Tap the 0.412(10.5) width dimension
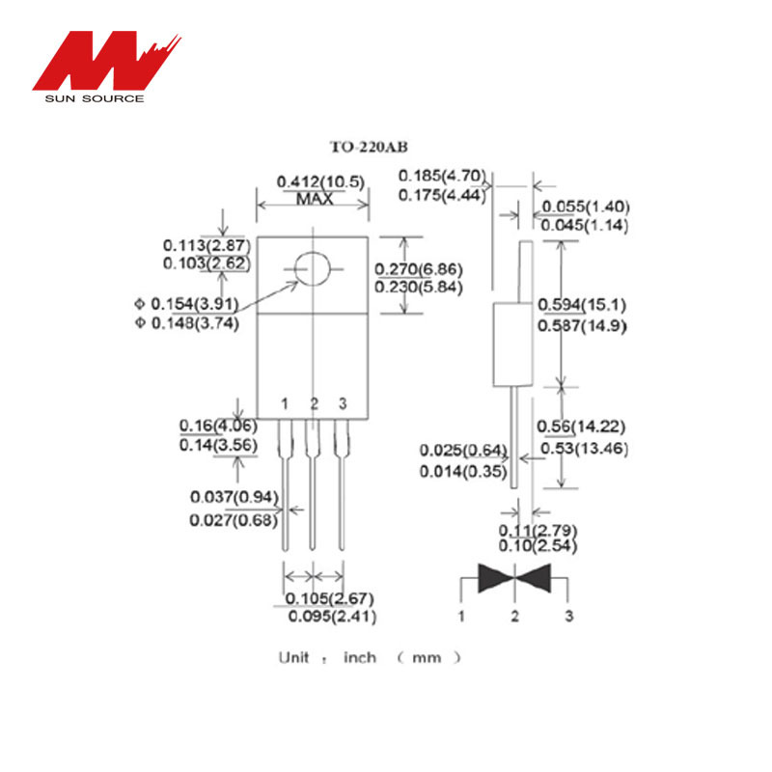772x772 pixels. click(x=314, y=181)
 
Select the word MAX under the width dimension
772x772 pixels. click(x=315, y=199)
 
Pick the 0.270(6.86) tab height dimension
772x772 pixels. click(x=419, y=269)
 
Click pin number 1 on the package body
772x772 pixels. click(x=285, y=402)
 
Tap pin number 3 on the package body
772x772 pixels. click(x=342, y=402)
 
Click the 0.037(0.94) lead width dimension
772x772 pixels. click(x=234, y=497)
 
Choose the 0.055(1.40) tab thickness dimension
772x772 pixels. click(x=585, y=207)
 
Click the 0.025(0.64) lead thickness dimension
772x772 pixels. click(x=463, y=451)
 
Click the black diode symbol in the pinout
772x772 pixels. click(x=515, y=578)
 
